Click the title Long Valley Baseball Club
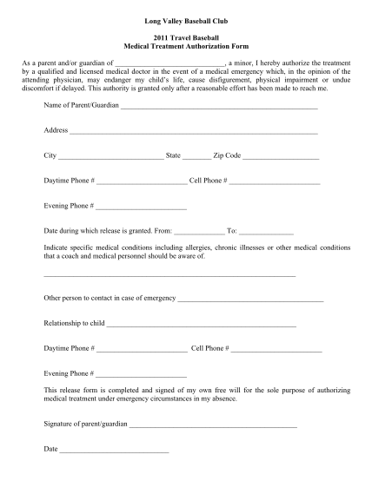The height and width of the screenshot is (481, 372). pos(185,18)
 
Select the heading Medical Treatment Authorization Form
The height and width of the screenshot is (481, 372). pos(185,49)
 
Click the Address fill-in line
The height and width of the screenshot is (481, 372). pos(194,133)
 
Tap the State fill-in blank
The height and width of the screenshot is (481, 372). pos(196,158)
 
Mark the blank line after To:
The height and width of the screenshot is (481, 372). pos(266,234)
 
